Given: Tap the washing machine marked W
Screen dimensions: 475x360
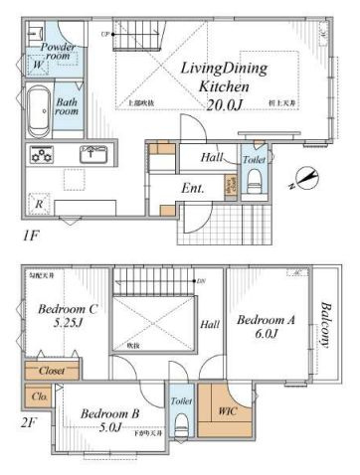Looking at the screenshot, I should pyautogui.click(x=37, y=66).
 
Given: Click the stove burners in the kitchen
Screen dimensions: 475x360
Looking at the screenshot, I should pyautogui.click(x=43, y=154).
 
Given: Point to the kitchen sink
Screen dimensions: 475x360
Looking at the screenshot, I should pyautogui.click(x=94, y=153).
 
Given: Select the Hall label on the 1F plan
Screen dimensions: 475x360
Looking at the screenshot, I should pyautogui.click(x=213, y=156).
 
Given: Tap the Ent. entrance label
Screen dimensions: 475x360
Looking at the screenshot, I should pyautogui.click(x=193, y=189).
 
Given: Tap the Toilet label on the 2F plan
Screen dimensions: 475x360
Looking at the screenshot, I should pyautogui.click(x=181, y=400).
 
